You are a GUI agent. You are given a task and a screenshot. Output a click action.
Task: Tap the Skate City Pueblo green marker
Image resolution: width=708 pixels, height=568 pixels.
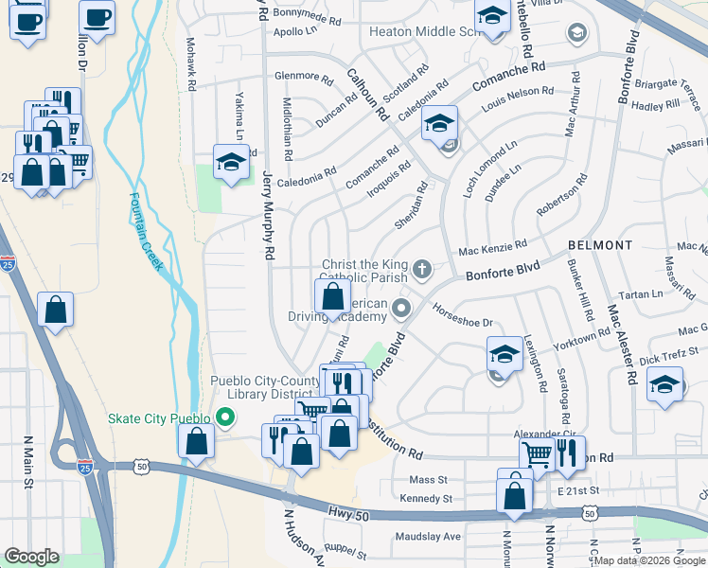click(x=224, y=417)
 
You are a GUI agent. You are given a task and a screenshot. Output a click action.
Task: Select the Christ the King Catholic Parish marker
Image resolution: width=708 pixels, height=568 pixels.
click(x=422, y=272)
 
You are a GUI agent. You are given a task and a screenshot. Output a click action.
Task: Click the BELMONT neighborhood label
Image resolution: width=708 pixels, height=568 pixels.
click(x=600, y=245)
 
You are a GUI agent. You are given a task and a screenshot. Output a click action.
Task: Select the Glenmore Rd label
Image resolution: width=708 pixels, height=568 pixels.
click(x=303, y=76)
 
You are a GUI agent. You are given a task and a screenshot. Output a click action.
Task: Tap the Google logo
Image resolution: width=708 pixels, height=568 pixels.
click(x=31, y=557)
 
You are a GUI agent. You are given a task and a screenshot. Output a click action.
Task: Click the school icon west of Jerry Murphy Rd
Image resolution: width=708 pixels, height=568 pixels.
click(x=230, y=163)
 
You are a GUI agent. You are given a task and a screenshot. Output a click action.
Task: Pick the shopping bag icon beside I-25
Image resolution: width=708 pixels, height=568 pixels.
click(x=56, y=309)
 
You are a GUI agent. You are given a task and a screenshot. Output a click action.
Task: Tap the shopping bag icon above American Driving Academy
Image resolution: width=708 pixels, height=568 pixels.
click(x=332, y=297)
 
